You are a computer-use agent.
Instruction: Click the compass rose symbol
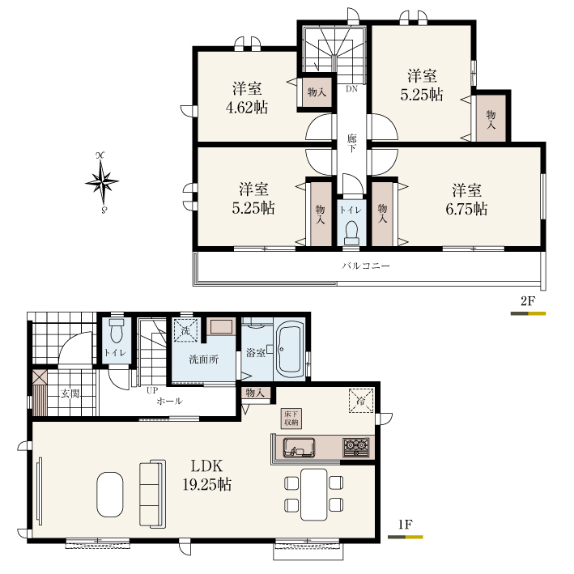[x=102, y=182]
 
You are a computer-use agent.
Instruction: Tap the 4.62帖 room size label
[x=247, y=108]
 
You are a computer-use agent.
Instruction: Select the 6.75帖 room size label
[x=466, y=209]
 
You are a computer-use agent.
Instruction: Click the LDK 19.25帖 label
[x=206, y=475]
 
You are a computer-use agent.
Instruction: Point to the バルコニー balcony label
[x=366, y=266]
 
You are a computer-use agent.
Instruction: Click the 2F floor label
[x=528, y=301]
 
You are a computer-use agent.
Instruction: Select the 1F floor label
[x=406, y=525]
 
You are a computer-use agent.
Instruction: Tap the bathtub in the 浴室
[x=291, y=350]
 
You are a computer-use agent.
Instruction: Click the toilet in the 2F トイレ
[x=352, y=233]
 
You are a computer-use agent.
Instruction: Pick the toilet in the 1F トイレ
[x=117, y=330]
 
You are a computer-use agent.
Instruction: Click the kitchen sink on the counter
[x=299, y=448]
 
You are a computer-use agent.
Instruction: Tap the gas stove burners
[x=356, y=447]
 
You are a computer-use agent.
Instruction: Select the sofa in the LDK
[x=153, y=494]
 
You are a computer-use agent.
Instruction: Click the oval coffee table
[x=110, y=495]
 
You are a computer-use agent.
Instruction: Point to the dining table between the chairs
[x=314, y=494]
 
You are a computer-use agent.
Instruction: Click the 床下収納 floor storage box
[x=291, y=418]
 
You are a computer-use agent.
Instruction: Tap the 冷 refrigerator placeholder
[x=361, y=401]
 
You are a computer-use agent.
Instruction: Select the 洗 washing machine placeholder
[x=185, y=331]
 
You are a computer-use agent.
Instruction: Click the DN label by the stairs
[x=351, y=89]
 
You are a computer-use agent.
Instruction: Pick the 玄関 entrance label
[x=70, y=394]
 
